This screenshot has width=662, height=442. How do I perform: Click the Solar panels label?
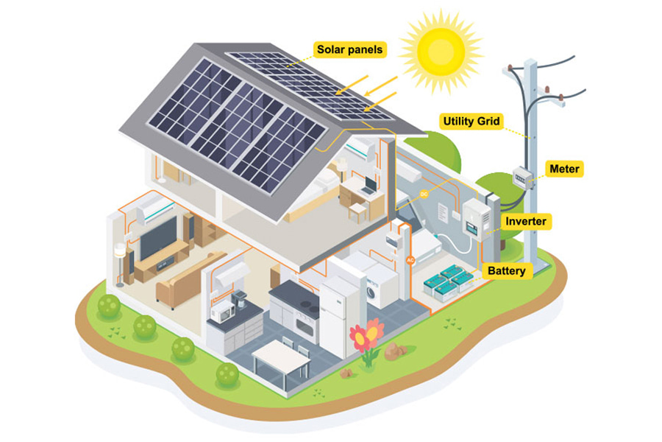click(x=349, y=49)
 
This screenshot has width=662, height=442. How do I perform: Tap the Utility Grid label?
click(x=471, y=122)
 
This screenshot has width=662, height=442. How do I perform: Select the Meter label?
click(x=564, y=169)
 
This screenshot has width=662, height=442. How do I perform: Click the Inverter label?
click(x=526, y=221)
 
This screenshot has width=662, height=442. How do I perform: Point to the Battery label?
click(x=506, y=270)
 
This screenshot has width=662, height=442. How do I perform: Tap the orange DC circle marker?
click(x=424, y=194)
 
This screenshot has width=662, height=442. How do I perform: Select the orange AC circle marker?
click(x=410, y=260)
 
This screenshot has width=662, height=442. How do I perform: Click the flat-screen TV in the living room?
click(x=158, y=238)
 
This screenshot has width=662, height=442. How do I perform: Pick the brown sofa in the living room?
click(x=189, y=278)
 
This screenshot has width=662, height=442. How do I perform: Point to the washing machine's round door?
click(x=371, y=292)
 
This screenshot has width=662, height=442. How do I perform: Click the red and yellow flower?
click(x=366, y=334)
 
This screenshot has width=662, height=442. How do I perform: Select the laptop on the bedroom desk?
click(x=369, y=186)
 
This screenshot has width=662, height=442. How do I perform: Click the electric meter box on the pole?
click(x=522, y=178)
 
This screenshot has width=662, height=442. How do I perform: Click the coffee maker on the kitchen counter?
click(x=239, y=300)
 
